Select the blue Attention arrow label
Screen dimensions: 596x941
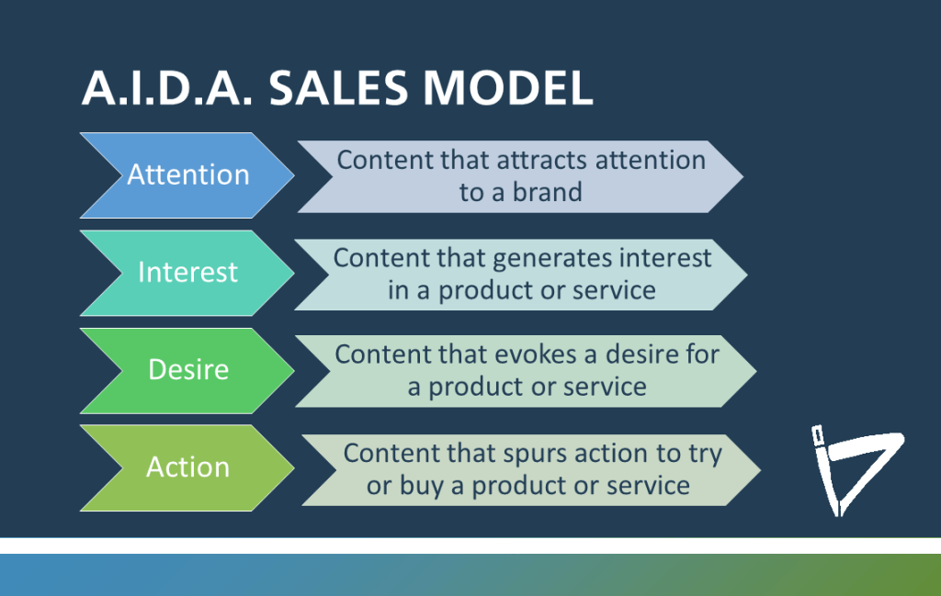(x=187, y=174)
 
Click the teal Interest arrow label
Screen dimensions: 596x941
(x=187, y=272)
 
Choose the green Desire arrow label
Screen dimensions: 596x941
(x=187, y=369)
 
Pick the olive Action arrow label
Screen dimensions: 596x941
(x=187, y=467)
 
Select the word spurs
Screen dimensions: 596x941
(x=535, y=453)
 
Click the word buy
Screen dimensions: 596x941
(x=423, y=486)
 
